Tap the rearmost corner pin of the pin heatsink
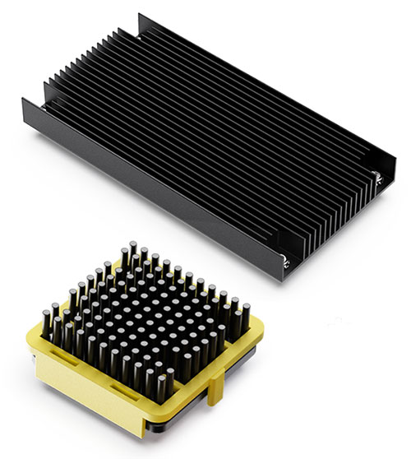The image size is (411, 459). pyautogui.click(x=132, y=248)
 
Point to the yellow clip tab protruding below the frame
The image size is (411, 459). pyautogui.click(x=215, y=395)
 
